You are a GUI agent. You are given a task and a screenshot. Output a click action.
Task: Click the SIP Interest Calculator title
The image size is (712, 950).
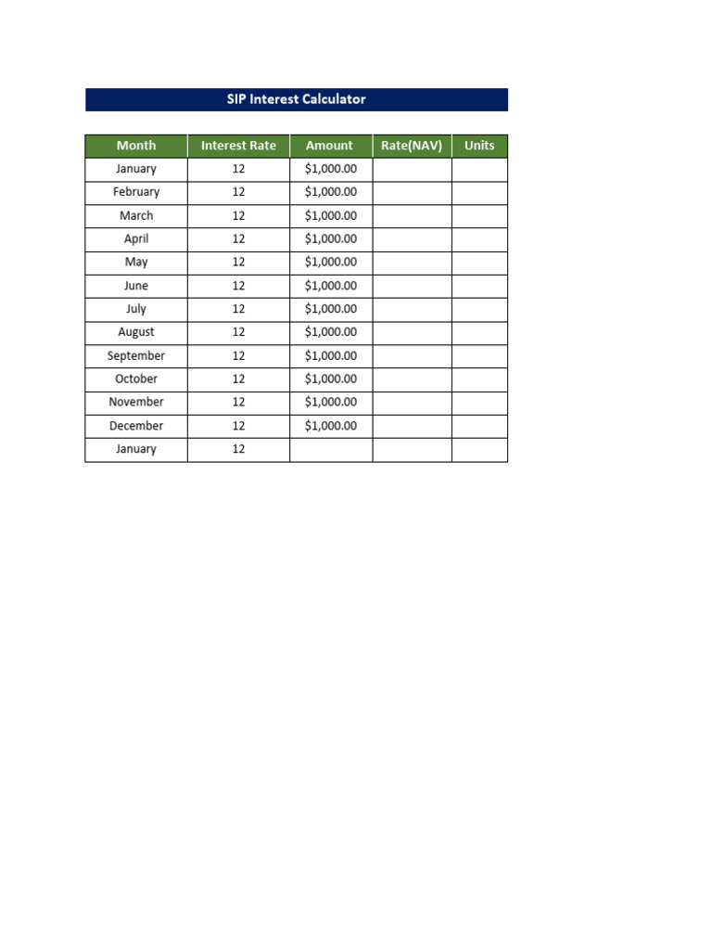point(297,99)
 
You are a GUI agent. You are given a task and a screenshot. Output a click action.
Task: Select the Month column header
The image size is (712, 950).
point(136,146)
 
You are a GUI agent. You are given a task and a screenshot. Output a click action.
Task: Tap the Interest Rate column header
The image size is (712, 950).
point(238,146)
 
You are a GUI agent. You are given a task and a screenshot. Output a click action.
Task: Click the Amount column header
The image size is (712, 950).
point(329,146)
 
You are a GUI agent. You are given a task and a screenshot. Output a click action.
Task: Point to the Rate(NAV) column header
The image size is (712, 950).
point(412,146)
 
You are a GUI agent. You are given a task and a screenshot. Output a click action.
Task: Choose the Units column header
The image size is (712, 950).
point(479,146)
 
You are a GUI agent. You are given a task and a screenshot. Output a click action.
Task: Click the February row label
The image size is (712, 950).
point(136,192)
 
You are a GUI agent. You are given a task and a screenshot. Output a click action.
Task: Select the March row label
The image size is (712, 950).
point(136,215)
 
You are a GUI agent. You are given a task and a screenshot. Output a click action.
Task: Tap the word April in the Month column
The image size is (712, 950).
point(136,238)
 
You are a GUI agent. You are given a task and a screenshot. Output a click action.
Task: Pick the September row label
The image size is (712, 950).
point(136,355)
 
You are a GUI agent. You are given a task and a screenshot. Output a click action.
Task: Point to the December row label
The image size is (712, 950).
point(136,426)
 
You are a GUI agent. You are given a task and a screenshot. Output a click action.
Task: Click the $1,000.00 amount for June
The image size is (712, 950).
point(331,286)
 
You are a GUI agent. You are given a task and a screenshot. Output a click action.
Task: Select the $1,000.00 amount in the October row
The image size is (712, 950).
point(331,379)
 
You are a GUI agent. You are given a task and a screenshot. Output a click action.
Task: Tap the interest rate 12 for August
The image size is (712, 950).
point(238,332)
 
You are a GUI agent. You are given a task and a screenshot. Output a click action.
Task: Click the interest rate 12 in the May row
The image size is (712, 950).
point(238,263)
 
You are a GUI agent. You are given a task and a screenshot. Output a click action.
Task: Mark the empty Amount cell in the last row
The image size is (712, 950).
point(331,449)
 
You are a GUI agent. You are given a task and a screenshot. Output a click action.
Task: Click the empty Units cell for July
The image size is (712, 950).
point(479,309)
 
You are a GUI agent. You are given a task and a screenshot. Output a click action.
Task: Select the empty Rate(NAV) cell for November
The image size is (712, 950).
point(412,402)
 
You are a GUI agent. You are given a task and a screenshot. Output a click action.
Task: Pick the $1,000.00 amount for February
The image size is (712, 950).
point(331,192)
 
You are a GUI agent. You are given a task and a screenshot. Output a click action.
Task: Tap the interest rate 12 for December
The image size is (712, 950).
point(238,426)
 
